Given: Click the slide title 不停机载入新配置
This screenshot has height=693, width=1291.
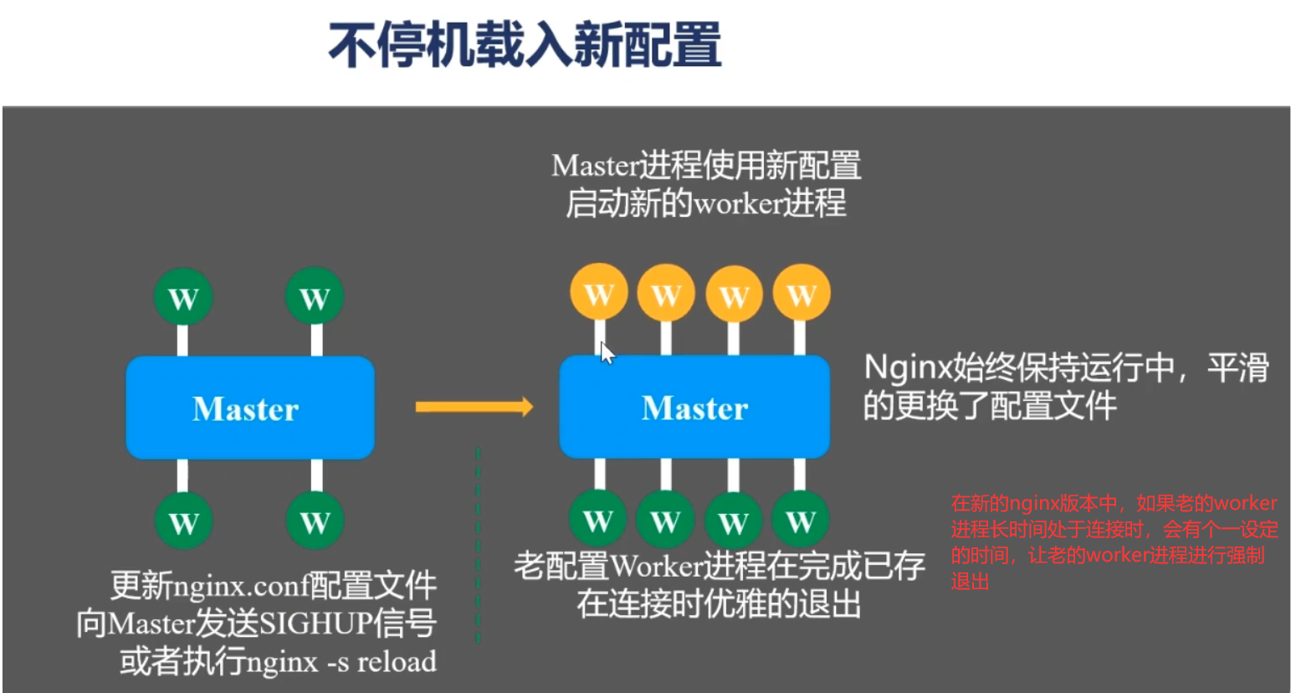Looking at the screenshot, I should click(x=525, y=45).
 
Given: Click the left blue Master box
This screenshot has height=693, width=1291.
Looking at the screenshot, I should click(x=249, y=408).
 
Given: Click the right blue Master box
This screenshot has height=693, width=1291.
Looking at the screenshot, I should click(x=694, y=408).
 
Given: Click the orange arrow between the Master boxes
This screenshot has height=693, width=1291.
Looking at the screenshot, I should click(x=474, y=407).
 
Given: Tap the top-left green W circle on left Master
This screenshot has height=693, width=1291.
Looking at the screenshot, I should click(x=182, y=297).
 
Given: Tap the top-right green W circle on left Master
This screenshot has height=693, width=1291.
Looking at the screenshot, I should click(x=315, y=297).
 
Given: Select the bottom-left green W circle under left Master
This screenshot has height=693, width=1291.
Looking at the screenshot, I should click(x=182, y=521).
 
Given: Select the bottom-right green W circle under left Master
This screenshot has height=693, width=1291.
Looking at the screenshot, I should click(x=315, y=521).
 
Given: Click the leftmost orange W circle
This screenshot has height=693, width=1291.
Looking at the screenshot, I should click(x=598, y=293).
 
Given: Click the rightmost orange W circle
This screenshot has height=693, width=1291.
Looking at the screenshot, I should click(x=802, y=293).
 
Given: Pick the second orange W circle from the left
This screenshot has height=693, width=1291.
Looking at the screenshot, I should click(x=666, y=293).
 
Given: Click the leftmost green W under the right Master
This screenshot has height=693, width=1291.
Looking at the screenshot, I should click(x=598, y=520).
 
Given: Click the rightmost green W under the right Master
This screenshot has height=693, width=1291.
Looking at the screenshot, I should click(x=801, y=520).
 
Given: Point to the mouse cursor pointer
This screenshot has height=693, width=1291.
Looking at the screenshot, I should click(x=607, y=353).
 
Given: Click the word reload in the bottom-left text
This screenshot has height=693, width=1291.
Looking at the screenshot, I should click(x=397, y=661).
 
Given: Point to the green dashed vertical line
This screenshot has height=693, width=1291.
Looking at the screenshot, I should click(x=478, y=544).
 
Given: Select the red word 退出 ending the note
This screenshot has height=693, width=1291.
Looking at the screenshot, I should click(x=970, y=582).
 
